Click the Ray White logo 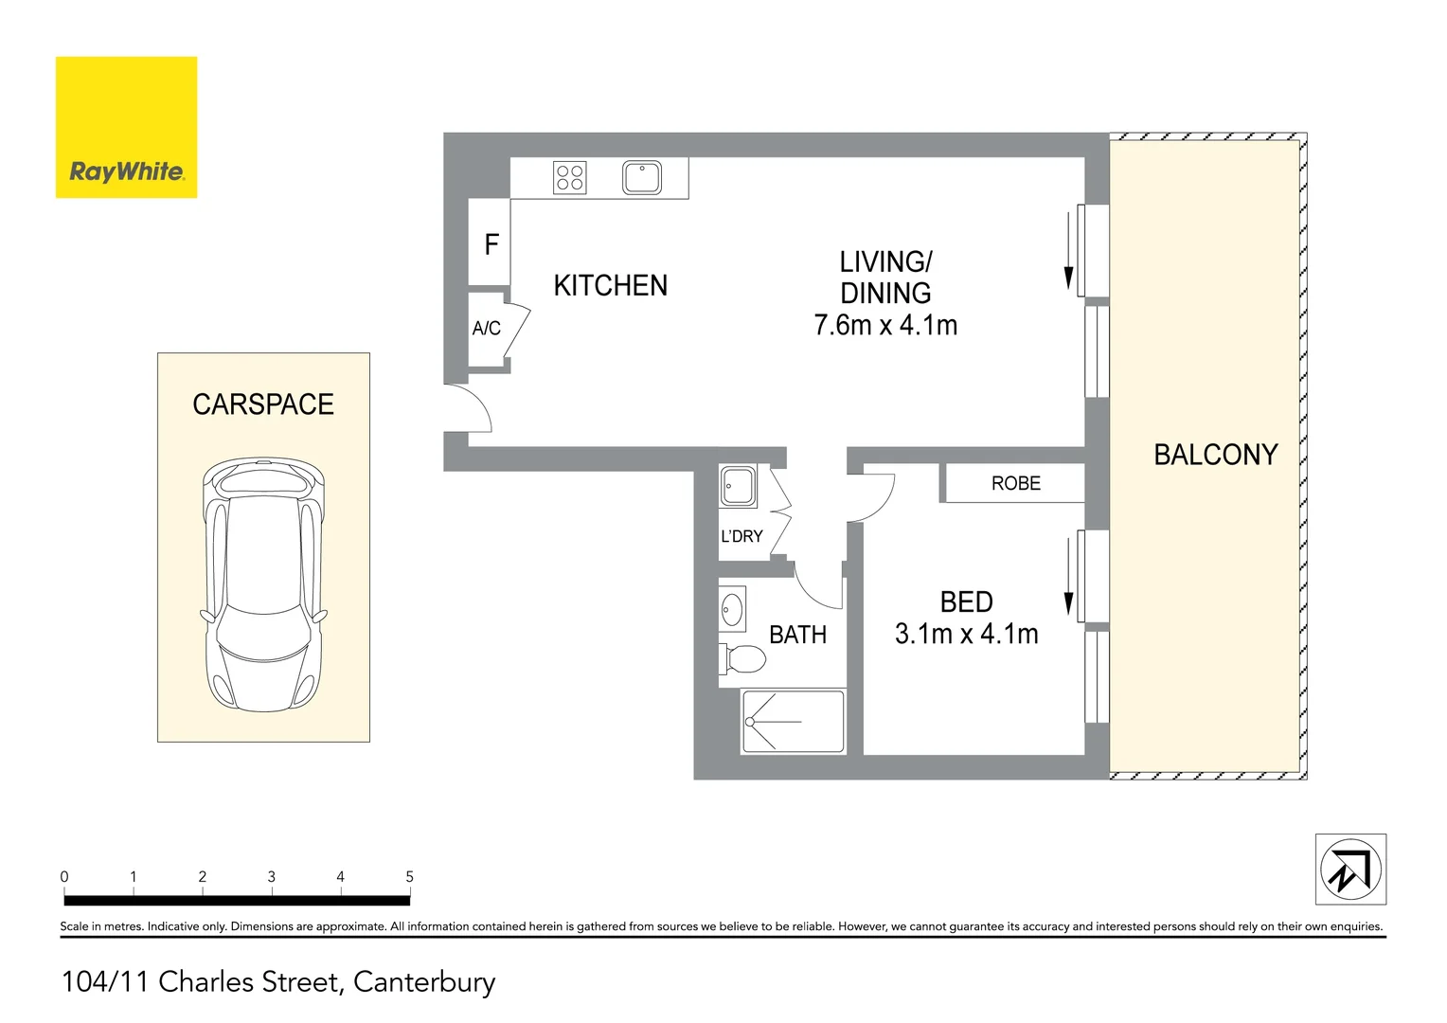[x=126, y=128]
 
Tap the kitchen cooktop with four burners [x=569, y=177]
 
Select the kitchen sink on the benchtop [x=641, y=177]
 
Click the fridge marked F [x=491, y=244]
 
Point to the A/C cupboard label [x=486, y=329]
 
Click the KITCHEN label [x=610, y=285]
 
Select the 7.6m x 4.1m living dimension [x=885, y=325]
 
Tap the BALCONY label [x=1215, y=455]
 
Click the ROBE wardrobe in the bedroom [x=1015, y=483]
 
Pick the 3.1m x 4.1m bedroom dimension [x=966, y=634]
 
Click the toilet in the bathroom [x=744, y=657]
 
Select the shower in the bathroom [x=793, y=722]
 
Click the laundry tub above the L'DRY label [x=738, y=486]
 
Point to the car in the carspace [x=263, y=584]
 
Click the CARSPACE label [x=263, y=404]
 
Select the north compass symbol [x=1350, y=870]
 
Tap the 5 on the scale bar [x=409, y=877]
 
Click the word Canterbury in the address [x=423, y=982]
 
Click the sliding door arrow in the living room [x=1068, y=251]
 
